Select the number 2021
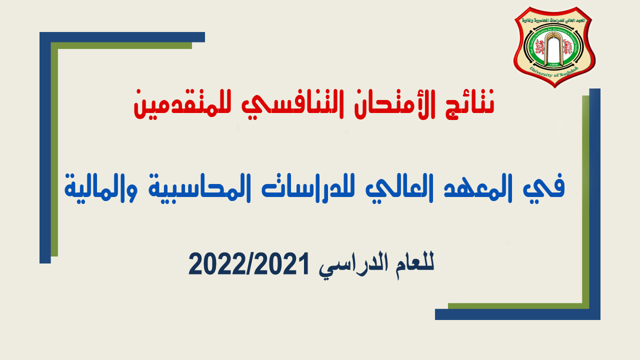pyautogui.click(x=284, y=263)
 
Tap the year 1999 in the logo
pyautogui.click(x=553, y=64)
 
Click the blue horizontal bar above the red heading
pyautogui.click(x=122, y=37)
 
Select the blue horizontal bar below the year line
pyautogui.click(x=517, y=314)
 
